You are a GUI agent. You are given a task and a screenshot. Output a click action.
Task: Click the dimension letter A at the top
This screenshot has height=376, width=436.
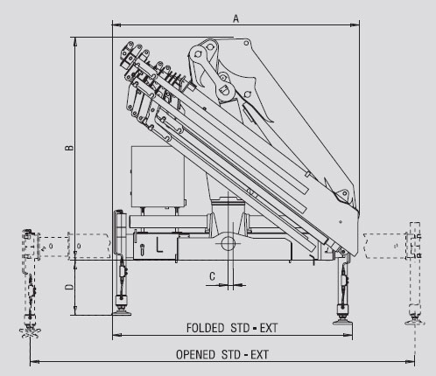click(236, 18)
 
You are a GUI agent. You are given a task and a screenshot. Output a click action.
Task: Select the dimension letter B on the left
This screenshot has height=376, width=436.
click(69, 148)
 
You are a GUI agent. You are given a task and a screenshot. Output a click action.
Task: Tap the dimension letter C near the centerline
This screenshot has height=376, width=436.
click(213, 276)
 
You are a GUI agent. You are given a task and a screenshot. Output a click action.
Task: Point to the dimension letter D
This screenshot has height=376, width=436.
click(69, 287)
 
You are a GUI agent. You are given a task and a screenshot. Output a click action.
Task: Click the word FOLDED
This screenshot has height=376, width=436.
click(205, 328)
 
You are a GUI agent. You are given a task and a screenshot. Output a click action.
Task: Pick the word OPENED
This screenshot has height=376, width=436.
click(195, 355)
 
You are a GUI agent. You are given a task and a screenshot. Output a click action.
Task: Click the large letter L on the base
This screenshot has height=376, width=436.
click(159, 245)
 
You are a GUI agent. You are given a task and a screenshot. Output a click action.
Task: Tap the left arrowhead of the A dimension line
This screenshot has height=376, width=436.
click(116, 25)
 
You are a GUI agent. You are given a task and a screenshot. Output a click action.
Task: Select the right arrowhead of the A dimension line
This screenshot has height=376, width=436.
click(355, 25)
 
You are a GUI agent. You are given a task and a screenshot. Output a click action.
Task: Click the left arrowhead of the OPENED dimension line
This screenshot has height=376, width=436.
click(34, 362)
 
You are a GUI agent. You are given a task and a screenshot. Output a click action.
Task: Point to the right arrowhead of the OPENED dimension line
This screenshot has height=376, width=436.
click(410, 362)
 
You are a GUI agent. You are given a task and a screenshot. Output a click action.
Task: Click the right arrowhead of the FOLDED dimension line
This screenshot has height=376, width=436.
click(348, 336)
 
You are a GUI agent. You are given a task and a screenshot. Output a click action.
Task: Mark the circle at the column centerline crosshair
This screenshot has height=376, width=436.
click(229, 243)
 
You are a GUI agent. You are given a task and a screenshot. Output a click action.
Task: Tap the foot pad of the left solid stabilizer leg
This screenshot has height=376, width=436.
click(122, 313)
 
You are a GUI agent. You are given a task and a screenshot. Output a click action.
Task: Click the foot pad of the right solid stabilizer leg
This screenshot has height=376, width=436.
click(342, 322)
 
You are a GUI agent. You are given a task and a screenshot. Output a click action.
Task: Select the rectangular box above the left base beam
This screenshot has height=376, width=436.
click(158, 176)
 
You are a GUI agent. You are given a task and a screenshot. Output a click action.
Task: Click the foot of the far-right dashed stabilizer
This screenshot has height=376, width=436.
click(415, 322)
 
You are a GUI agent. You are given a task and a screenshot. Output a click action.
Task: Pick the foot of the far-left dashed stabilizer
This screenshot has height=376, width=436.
click(30, 333)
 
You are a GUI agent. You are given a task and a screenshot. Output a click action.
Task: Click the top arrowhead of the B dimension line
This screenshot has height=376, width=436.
click(75, 42)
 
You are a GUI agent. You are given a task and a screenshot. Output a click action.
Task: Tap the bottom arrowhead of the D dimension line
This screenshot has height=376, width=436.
click(75, 310)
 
